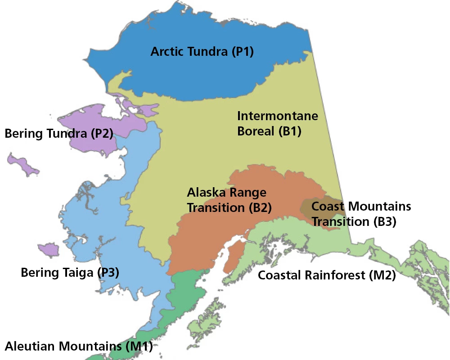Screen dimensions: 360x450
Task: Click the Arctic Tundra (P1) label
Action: (x=202, y=51)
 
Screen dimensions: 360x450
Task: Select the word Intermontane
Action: (x=277, y=116)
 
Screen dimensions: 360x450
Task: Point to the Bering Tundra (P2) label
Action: (x=58, y=134)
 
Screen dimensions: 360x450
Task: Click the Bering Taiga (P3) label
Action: (x=70, y=272)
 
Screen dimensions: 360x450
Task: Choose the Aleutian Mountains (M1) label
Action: (x=79, y=346)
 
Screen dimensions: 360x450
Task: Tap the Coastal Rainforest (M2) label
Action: (x=326, y=275)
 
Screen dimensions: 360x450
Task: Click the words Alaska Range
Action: (x=226, y=193)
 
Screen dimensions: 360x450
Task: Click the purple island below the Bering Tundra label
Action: (x=22, y=164)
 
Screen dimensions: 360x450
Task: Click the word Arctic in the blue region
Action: (x=166, y=51)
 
